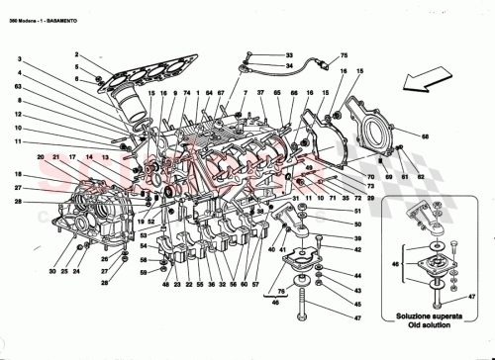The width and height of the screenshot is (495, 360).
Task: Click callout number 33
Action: pyautogui.click(x=289, y=54)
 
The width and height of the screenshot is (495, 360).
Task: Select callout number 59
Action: pyautogui.click(x=143, y=271)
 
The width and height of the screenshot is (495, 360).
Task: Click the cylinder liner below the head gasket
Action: pyautogui.click(x=132, y=104)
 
